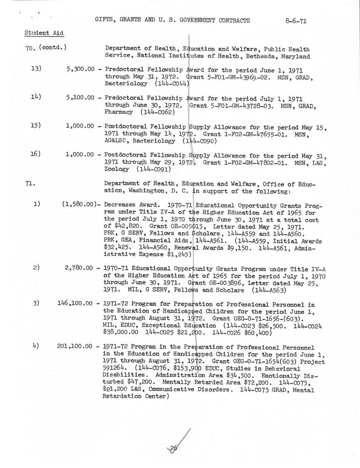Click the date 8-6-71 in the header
point(296,21)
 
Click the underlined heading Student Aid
point(44,33)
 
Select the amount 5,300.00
point(80,69)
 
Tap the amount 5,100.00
point(80,98)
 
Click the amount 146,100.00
point(75,303)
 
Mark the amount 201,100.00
point(75,346)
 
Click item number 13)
point(36,69)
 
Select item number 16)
point(36,154)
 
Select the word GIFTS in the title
point(104,20)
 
